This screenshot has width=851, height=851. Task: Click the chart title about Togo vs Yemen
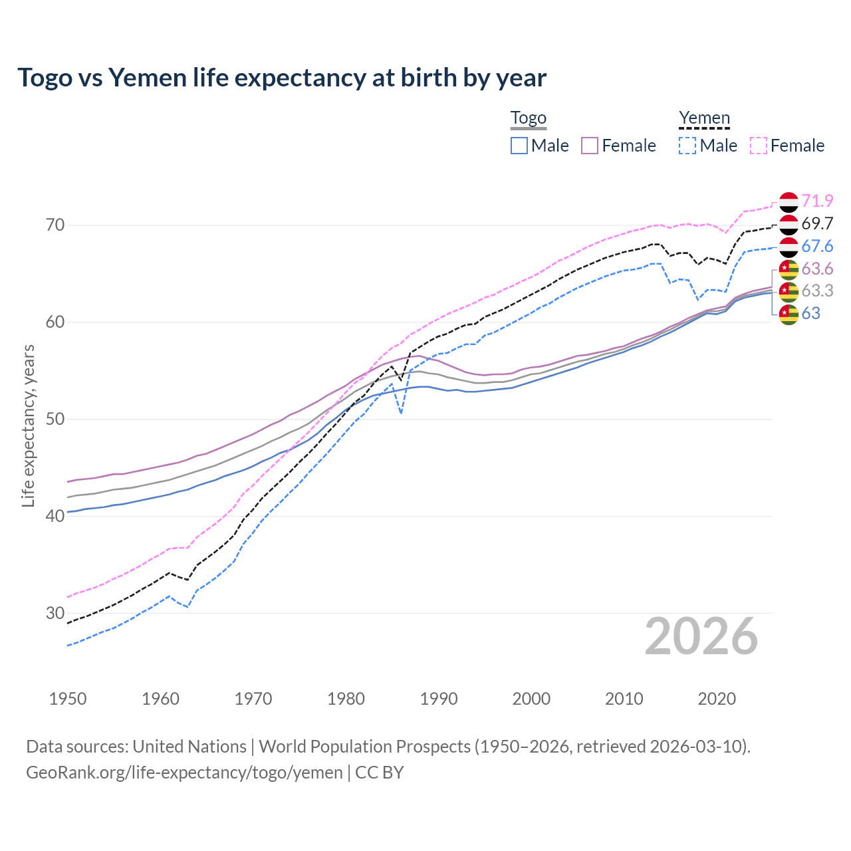pos(282,78)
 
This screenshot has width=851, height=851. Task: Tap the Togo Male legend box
pos(519,146)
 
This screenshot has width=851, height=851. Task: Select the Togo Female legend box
pos(590,146)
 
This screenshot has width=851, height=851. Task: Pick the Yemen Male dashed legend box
pos(687,146)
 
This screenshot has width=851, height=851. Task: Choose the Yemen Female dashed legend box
pos(759,146)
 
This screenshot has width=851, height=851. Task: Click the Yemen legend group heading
pos(704,118)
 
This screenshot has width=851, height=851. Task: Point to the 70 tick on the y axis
pos(55,225)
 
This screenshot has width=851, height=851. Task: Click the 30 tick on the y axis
pos(55,613)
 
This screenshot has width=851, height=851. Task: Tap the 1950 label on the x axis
pos(68,699)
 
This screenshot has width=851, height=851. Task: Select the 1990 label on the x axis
pos(439,699)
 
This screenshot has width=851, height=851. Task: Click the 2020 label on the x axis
pos(717,699)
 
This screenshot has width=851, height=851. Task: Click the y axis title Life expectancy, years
pos(28,425)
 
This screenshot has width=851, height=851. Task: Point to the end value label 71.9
pos(817,201)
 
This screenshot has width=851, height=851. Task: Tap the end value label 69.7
pos(817,223)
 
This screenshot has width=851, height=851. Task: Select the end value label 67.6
pos(817,246)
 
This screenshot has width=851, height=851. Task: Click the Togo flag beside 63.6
pos(789,269)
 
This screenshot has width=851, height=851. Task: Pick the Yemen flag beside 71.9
pos(789,201)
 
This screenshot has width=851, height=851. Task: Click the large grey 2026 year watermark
pos(701,636)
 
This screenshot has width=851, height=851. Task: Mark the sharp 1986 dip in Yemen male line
pos(401,413)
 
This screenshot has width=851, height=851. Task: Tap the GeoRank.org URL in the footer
pos(184,773)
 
